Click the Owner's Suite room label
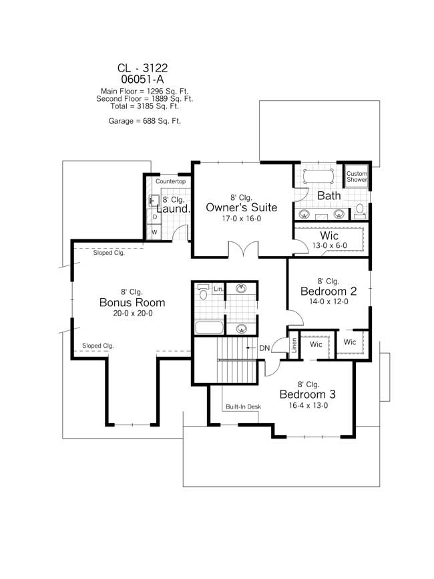click(241, 207)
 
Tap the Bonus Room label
click(132, 302)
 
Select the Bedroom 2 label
click(329, 292)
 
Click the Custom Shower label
click(357, 177)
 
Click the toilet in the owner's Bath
click(360, 211)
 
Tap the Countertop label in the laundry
click(170, 182)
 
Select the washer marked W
click(154, 232)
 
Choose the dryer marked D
click(154, 217)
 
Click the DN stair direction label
click(264, 348)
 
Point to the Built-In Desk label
click(243, 407)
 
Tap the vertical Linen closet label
click(293, 346)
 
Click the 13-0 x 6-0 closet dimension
click(330, 246)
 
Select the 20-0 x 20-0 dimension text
click(132, 313)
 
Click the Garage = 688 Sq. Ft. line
click(144, 121)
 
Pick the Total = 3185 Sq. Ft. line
click(145, 106)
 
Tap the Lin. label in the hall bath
click(218, 289)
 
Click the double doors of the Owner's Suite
click(240, 250)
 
